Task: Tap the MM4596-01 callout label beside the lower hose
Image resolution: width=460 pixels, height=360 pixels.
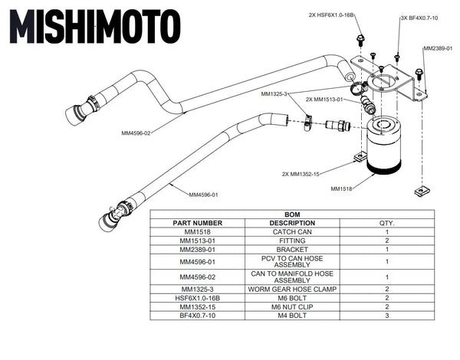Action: pyautogui.click(x=203, y=195)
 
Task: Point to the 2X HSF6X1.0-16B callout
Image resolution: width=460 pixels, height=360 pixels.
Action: pyautogui.click(x=330, y=15)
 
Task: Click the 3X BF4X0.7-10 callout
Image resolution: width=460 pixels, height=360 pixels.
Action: pyautogui.click(x=419, y=17)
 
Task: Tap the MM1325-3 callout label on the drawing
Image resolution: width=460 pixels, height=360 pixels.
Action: pyautogui.click(x=274, y=94)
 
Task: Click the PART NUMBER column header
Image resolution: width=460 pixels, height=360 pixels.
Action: pyautogui.click(x=197, y=223)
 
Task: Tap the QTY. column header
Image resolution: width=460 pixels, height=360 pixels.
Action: pyautogui.click(x=387, y=223)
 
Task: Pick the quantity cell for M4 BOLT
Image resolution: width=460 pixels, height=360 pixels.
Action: pyautogui.click(x=387, y=315)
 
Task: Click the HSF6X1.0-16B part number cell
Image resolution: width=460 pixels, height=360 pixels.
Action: pyautogui.click(x=197, y=298)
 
